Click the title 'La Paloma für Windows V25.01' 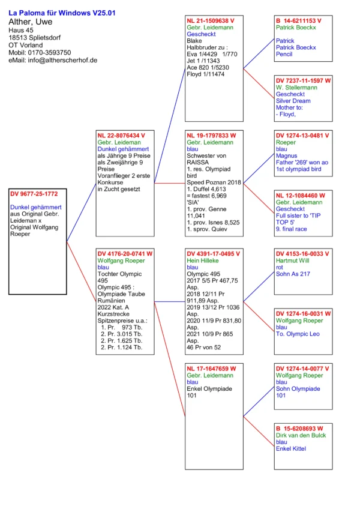coord(62,13)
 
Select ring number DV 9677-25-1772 coord(34,194)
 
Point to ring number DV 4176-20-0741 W coord(125,254)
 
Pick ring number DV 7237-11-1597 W coord(303,80)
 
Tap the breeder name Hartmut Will coord(293,261)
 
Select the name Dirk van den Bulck coord(301,435)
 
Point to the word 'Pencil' coord(284,54)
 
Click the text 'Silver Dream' coord(293,101)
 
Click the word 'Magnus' coord(287,156)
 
